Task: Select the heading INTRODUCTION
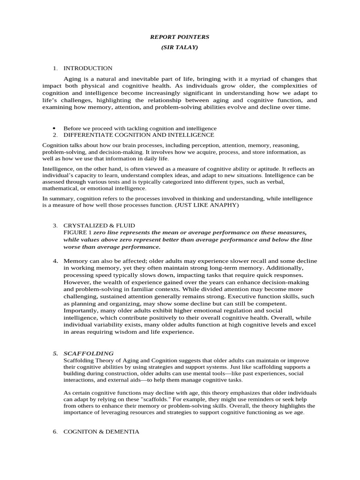tap(88, 68)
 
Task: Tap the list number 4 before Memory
tap(55, 261)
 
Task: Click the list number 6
tap(55, 431)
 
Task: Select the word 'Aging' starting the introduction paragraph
tap(72, 79)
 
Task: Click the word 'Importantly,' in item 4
tap(80, 310)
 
